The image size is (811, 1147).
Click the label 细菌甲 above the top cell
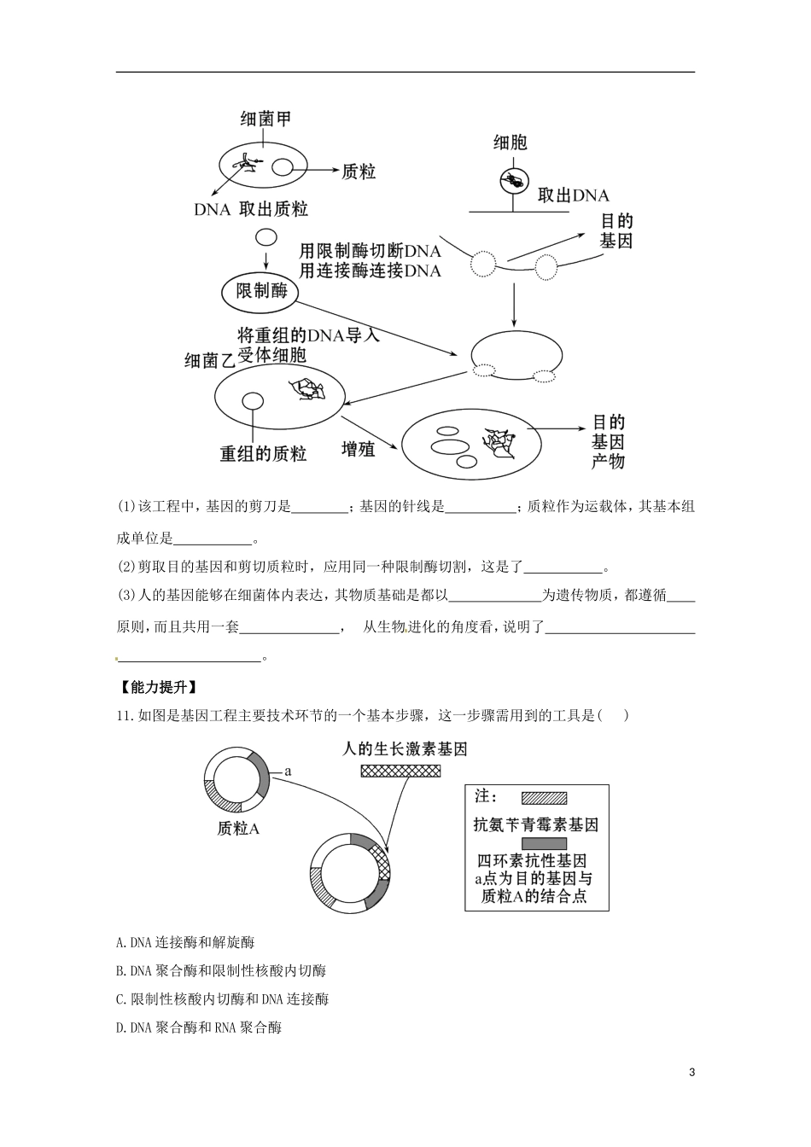(265, 119)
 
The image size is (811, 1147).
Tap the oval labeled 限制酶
(261, 292)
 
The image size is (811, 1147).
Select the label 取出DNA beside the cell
(573, 195)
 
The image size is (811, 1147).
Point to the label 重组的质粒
(263, 454)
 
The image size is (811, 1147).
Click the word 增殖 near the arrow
(358, 449)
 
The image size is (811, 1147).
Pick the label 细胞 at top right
(510, 143)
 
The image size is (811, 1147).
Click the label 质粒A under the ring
(238, 828)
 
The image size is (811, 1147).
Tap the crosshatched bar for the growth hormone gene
(400, 771)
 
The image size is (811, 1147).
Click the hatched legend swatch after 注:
(544, 798)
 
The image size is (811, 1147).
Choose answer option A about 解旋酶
(185, 942)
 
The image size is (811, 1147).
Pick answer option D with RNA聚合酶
(199, 1027)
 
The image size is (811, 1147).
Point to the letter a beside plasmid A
(289, 771)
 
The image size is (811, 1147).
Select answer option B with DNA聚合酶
(221, 970)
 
